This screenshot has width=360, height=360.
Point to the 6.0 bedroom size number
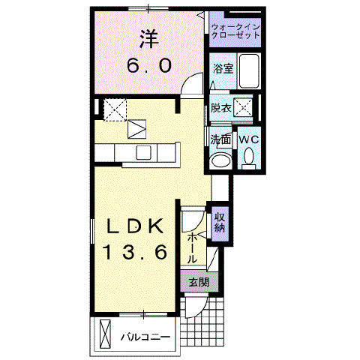149,66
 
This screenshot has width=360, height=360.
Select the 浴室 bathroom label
222,68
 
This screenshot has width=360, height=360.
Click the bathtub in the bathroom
247,72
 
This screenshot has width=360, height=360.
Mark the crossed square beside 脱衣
243,106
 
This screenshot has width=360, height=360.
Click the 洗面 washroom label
220,139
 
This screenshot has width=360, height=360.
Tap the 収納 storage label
220,223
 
